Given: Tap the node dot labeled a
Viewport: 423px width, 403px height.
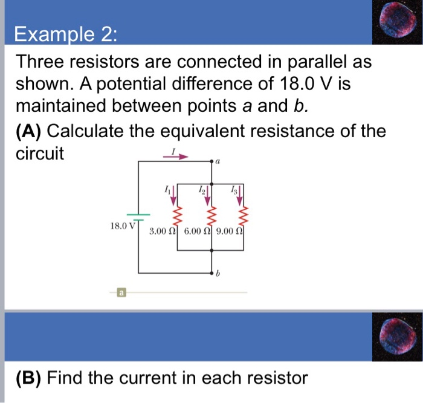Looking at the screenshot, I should [212, 162].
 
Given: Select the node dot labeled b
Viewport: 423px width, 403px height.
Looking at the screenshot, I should [212, 273].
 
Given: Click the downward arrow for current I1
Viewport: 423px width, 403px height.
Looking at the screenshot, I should [175, 194].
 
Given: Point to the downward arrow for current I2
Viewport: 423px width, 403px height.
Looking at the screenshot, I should [209, 194].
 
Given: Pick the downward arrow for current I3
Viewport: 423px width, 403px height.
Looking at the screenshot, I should [242, 194].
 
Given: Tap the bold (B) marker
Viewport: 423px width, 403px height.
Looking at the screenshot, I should [28, 379].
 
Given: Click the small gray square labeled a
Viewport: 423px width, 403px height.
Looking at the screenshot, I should [121, 293].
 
